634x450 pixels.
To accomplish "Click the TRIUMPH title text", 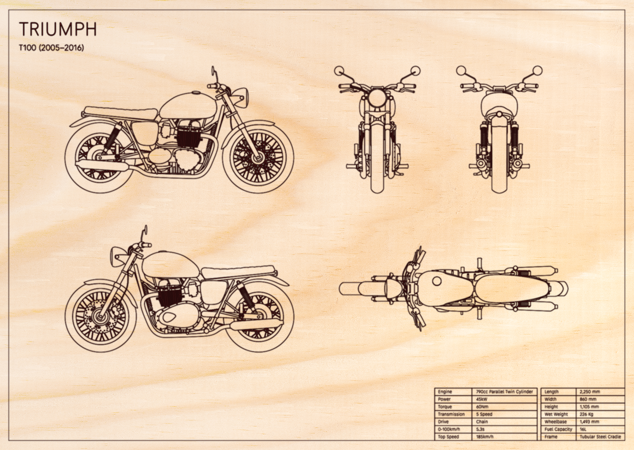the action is pos(58,29).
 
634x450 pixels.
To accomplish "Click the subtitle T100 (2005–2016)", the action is pos(51,48).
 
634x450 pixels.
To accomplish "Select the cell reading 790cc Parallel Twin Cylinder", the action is pos(504,392).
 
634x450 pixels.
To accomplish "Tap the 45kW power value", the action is pos(482,399).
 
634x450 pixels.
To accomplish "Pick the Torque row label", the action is pos(445,407).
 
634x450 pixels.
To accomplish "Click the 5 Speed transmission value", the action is pos(484,414).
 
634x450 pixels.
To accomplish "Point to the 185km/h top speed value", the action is pos(485,437).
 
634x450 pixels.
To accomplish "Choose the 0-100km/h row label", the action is pos(448,429).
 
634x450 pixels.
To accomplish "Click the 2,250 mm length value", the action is pos(590,392).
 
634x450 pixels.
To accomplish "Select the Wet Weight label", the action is pos(556,414).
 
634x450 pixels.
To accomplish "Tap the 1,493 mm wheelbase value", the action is pos(590,422).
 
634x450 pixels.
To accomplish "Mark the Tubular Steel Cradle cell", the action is pos(600,437).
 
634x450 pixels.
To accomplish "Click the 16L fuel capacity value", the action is pos(583,429).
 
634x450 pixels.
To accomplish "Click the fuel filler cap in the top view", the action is pos(437,281).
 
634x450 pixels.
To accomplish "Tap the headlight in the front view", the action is pos(377,98).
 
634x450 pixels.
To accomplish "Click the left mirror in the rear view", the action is pos(461,70).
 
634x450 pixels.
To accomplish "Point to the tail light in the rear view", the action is pos(499,115).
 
